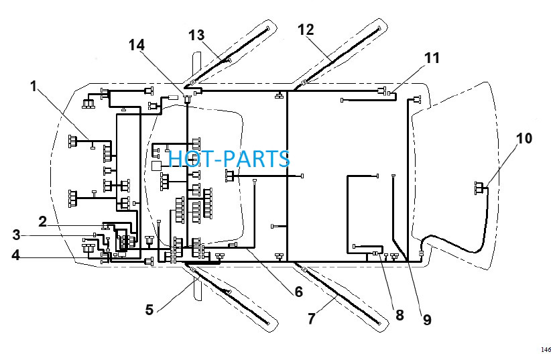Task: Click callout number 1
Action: point(34,86)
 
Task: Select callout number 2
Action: point(42,221)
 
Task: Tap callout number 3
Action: point(16,235)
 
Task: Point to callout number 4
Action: point(15,255)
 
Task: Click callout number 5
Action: point(149,310)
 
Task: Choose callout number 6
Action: point(298,292)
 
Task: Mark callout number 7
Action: point(311,319)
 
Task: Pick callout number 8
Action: point(400,315)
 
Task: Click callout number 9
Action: point(426,320)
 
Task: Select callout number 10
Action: point(524,139)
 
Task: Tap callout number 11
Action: point(432,58)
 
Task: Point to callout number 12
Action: point(306,30)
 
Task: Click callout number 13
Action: point(196,35)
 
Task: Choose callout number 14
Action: point(137,45)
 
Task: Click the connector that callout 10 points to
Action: point(479,188)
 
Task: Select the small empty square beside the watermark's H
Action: point(156,166)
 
